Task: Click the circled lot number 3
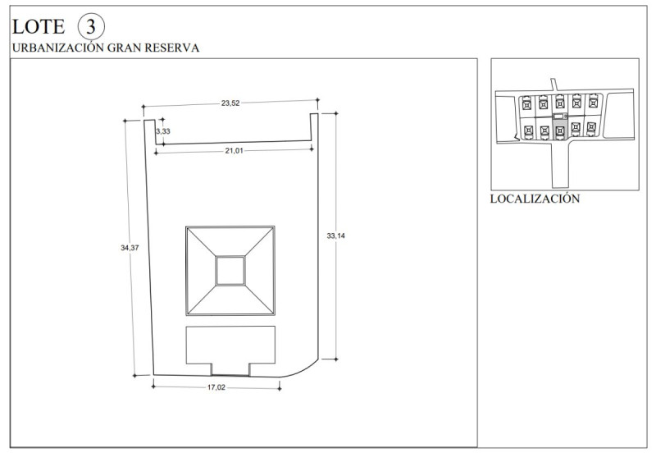(91, 26)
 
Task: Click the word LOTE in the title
(39, 27)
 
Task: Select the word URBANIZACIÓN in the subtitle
(57, 48)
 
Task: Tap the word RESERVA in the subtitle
(172, 48)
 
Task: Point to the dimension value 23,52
(230, 103)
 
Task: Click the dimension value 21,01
(234, 151)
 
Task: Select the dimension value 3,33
(163, 131)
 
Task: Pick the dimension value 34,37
(130, 248)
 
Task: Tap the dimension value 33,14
(336, 236)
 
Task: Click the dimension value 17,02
(216, 387)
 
